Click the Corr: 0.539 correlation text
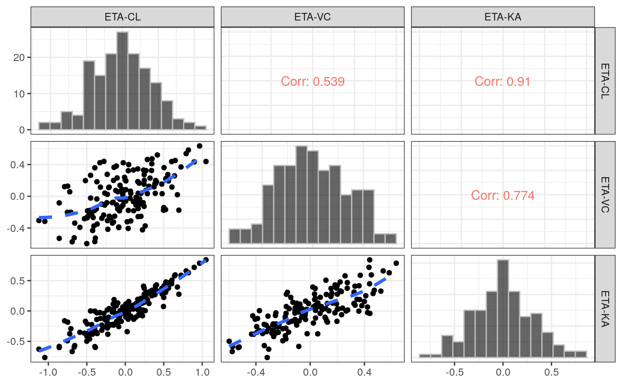pos(313,81)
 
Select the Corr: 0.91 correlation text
pos(502,81)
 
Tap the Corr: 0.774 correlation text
pos(502,195)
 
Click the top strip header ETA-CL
pos(122,17)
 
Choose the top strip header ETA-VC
pos(312,17)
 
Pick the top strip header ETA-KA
pos(502,17)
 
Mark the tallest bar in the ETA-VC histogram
pos(302,195)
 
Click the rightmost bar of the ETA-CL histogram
pos(200,128)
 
